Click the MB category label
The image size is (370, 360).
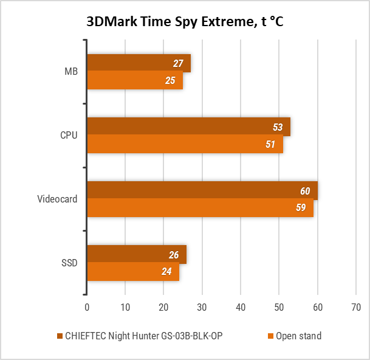(x=71, y=72)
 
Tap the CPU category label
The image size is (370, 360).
(x=69, y=136)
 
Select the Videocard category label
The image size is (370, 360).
(x=58, y=199)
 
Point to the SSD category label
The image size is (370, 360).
(x=69, y=263)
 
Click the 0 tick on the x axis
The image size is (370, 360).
(x=87, y=308)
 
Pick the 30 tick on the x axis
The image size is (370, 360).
(x=202, y=308)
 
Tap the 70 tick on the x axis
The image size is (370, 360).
(x=356, y=308)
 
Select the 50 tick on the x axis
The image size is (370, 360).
(x=279, y=308)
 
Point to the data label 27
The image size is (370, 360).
(x=178, y=63)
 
